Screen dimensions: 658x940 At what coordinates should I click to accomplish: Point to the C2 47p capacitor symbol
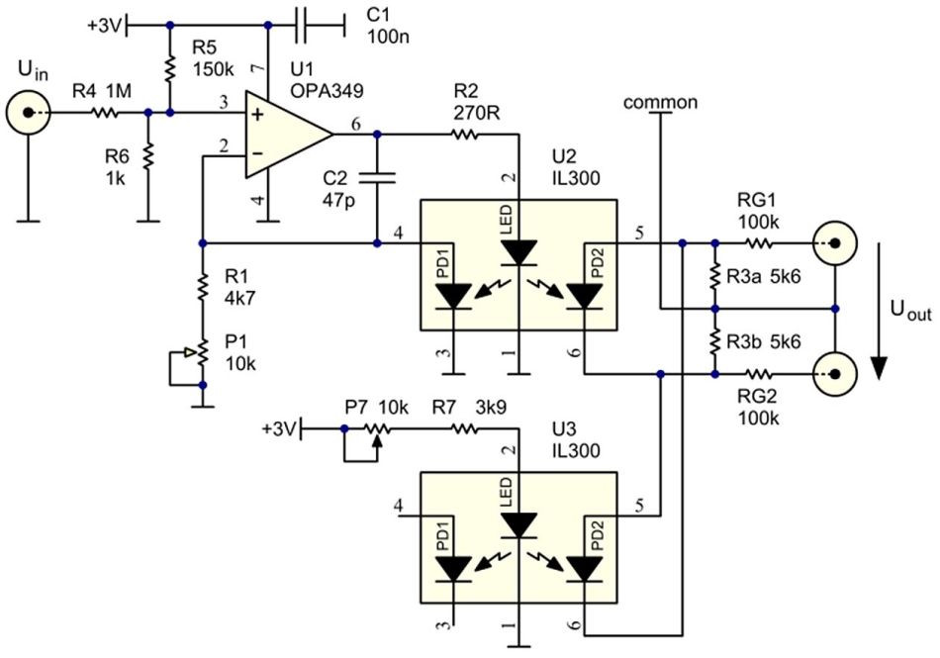377,179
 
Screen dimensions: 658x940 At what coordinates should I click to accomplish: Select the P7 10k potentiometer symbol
376,429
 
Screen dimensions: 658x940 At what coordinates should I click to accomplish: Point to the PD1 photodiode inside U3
454,568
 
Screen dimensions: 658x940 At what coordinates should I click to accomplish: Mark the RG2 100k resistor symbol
758,374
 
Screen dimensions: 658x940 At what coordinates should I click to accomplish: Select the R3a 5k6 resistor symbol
713,275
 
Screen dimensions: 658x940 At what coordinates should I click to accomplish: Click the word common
662,102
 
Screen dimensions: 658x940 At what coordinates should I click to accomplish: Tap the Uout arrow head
878,370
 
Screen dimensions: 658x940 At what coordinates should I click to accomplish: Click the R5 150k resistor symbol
170,68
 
